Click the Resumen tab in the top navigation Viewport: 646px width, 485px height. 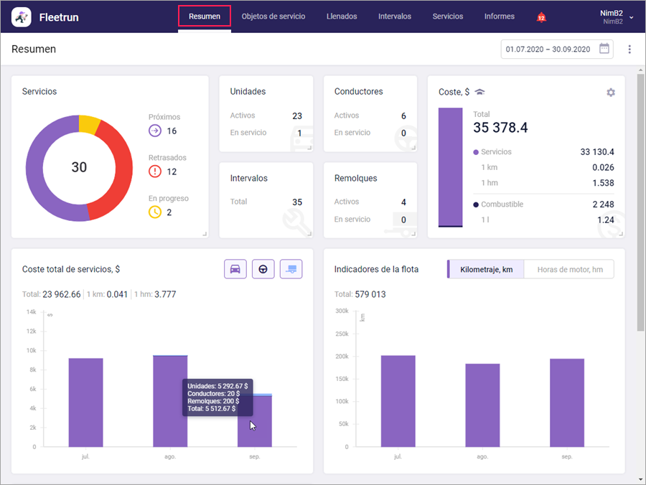click(x=204, y=17)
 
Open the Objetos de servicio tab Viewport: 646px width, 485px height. click(x=273, y=17)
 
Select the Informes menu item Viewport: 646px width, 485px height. click(x=499, y=17)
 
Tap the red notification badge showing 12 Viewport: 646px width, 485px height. click(x=541, y=17)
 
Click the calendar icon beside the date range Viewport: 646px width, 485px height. click(x=604, y=49)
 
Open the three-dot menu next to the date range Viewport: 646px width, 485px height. click(x=629, y=49)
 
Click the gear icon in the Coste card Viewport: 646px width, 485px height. click(x=611, y=93)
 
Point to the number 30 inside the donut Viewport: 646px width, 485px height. click(x=79, y=167)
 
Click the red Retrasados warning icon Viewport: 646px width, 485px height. click(x=155, y=171)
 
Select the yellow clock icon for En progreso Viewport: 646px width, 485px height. click(x=155, y=212)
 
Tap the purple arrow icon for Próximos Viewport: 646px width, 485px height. click(x=155, y=131)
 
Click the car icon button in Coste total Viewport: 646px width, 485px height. click(x=235, y=269)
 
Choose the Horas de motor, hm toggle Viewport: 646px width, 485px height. click(x=569, y=269)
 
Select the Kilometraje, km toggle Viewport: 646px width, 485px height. click(x=486, y=269)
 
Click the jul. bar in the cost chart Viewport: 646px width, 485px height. click(x=85, y=402)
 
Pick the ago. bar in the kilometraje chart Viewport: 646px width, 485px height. click(x=482, y=405)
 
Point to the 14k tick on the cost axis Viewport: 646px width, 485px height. click(x=32, y=312)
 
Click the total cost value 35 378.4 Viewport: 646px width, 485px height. click(x=500, y=128)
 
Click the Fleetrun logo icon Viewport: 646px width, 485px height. click(x=22, y=17)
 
